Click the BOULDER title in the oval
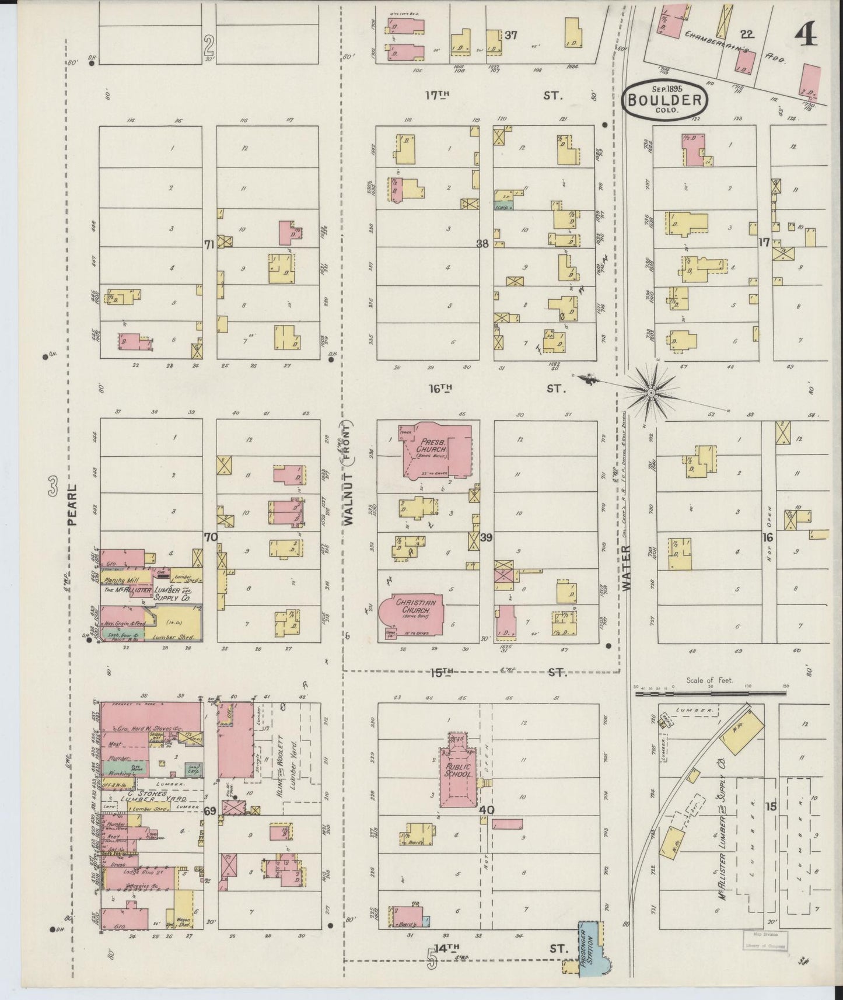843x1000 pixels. click(664, 99)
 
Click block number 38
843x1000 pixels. click(482, 244)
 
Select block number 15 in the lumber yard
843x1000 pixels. click(771, 807)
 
